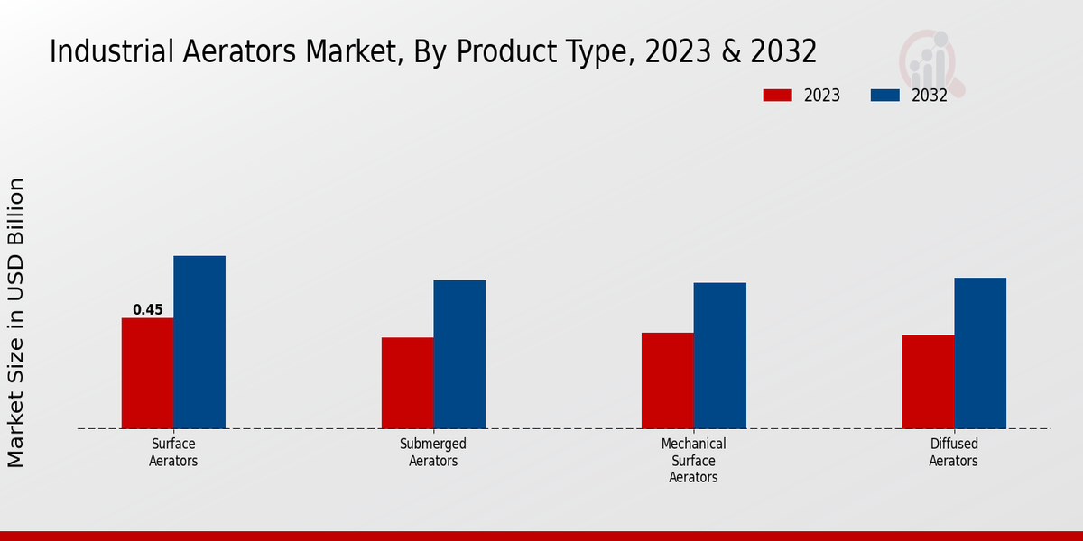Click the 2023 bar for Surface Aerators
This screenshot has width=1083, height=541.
tap(147, 373)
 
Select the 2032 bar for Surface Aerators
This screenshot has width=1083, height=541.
tap(199, 343)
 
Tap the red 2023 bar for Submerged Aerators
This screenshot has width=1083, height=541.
tap(407, 383)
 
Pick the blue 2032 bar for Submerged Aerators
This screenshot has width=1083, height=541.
tap(459, 354)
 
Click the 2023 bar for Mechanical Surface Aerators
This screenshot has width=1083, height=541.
tap(668, 381)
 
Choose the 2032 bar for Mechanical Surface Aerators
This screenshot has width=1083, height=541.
tap(720, 356)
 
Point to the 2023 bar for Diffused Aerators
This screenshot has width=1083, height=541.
tap(928, 382)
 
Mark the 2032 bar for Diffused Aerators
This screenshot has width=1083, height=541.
tap(980, 353)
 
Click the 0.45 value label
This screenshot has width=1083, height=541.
tap(148, 310)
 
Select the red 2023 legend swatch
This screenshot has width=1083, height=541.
tap(777, 96)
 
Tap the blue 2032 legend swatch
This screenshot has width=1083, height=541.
tap(884, 96)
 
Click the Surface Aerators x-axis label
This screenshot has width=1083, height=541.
tap(173, 453)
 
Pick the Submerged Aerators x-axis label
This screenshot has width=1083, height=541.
tap(433, 453)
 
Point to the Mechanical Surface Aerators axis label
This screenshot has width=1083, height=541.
tap(693, 461)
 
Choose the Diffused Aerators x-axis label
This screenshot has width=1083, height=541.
tap(954, 453)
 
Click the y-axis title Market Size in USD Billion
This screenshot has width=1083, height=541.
tap(16, 323)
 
